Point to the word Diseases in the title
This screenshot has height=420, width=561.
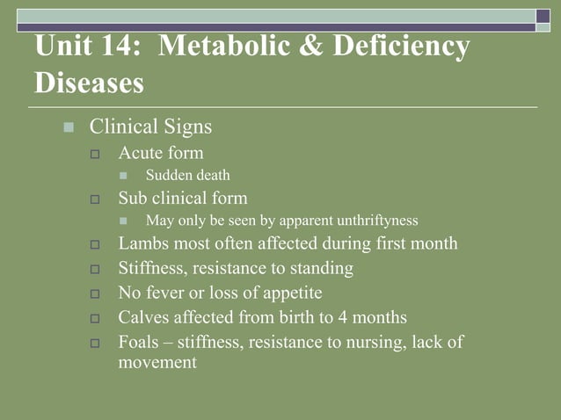click(89, 83)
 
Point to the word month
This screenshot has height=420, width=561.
click(433, 243)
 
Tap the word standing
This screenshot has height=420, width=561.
click(322, 268)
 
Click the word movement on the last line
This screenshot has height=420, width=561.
click(157, 362)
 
